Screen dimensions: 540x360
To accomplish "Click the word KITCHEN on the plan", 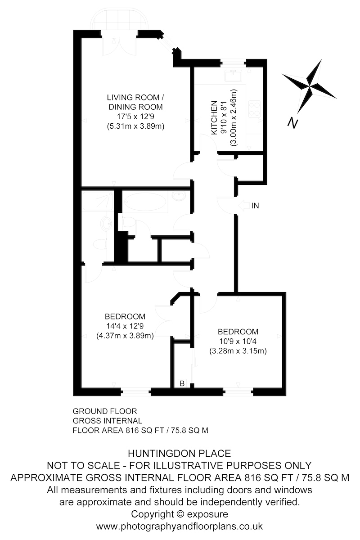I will click(215, 117).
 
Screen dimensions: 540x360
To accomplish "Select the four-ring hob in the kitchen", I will click(254, 108).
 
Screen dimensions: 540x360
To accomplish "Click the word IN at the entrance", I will click(256, 206).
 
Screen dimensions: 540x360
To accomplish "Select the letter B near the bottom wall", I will click(182, 383).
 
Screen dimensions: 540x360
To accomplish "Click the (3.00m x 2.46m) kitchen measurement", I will click(233, 117).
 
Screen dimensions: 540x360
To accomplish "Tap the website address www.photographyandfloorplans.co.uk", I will click(180, 526).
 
